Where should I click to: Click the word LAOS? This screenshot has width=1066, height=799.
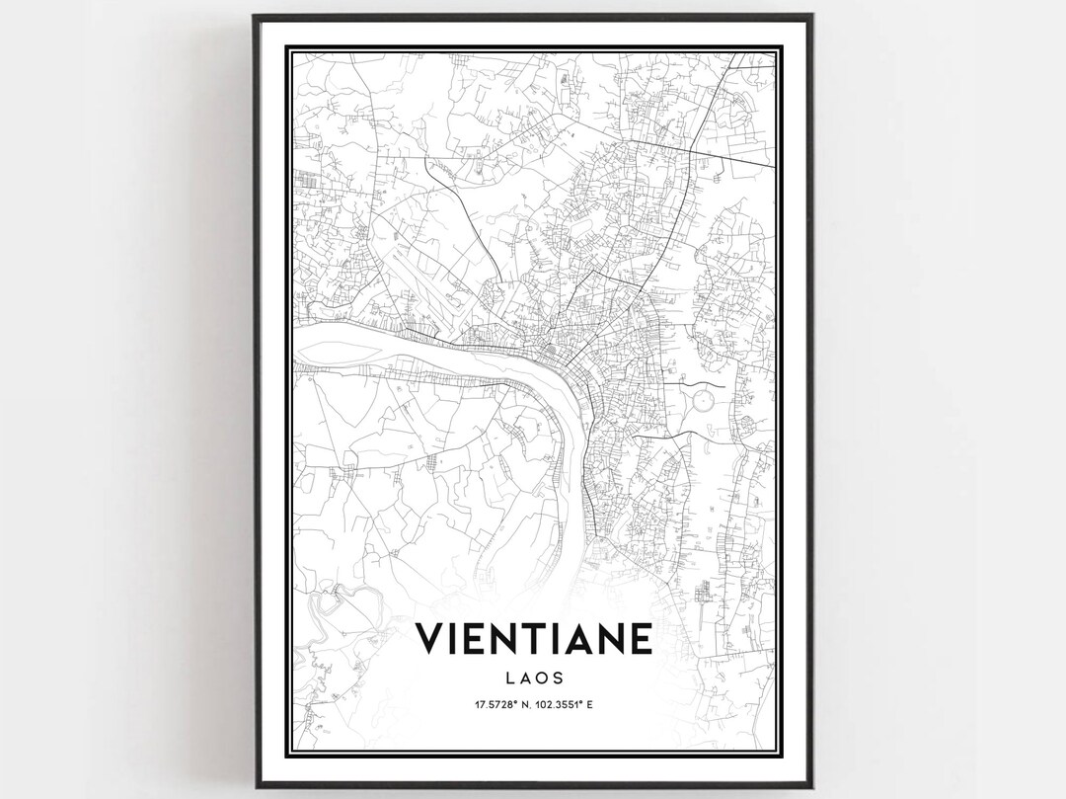click(534, 679)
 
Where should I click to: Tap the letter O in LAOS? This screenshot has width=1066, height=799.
click(541, 679)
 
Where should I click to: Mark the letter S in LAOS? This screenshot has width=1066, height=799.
click(558, 679)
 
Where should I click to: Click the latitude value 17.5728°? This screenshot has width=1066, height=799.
click(493, 704)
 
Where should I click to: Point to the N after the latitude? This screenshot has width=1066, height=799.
click(525, 704)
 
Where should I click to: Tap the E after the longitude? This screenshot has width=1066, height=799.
click(602, 704)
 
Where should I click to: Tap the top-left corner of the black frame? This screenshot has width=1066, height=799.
click(254, 16)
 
